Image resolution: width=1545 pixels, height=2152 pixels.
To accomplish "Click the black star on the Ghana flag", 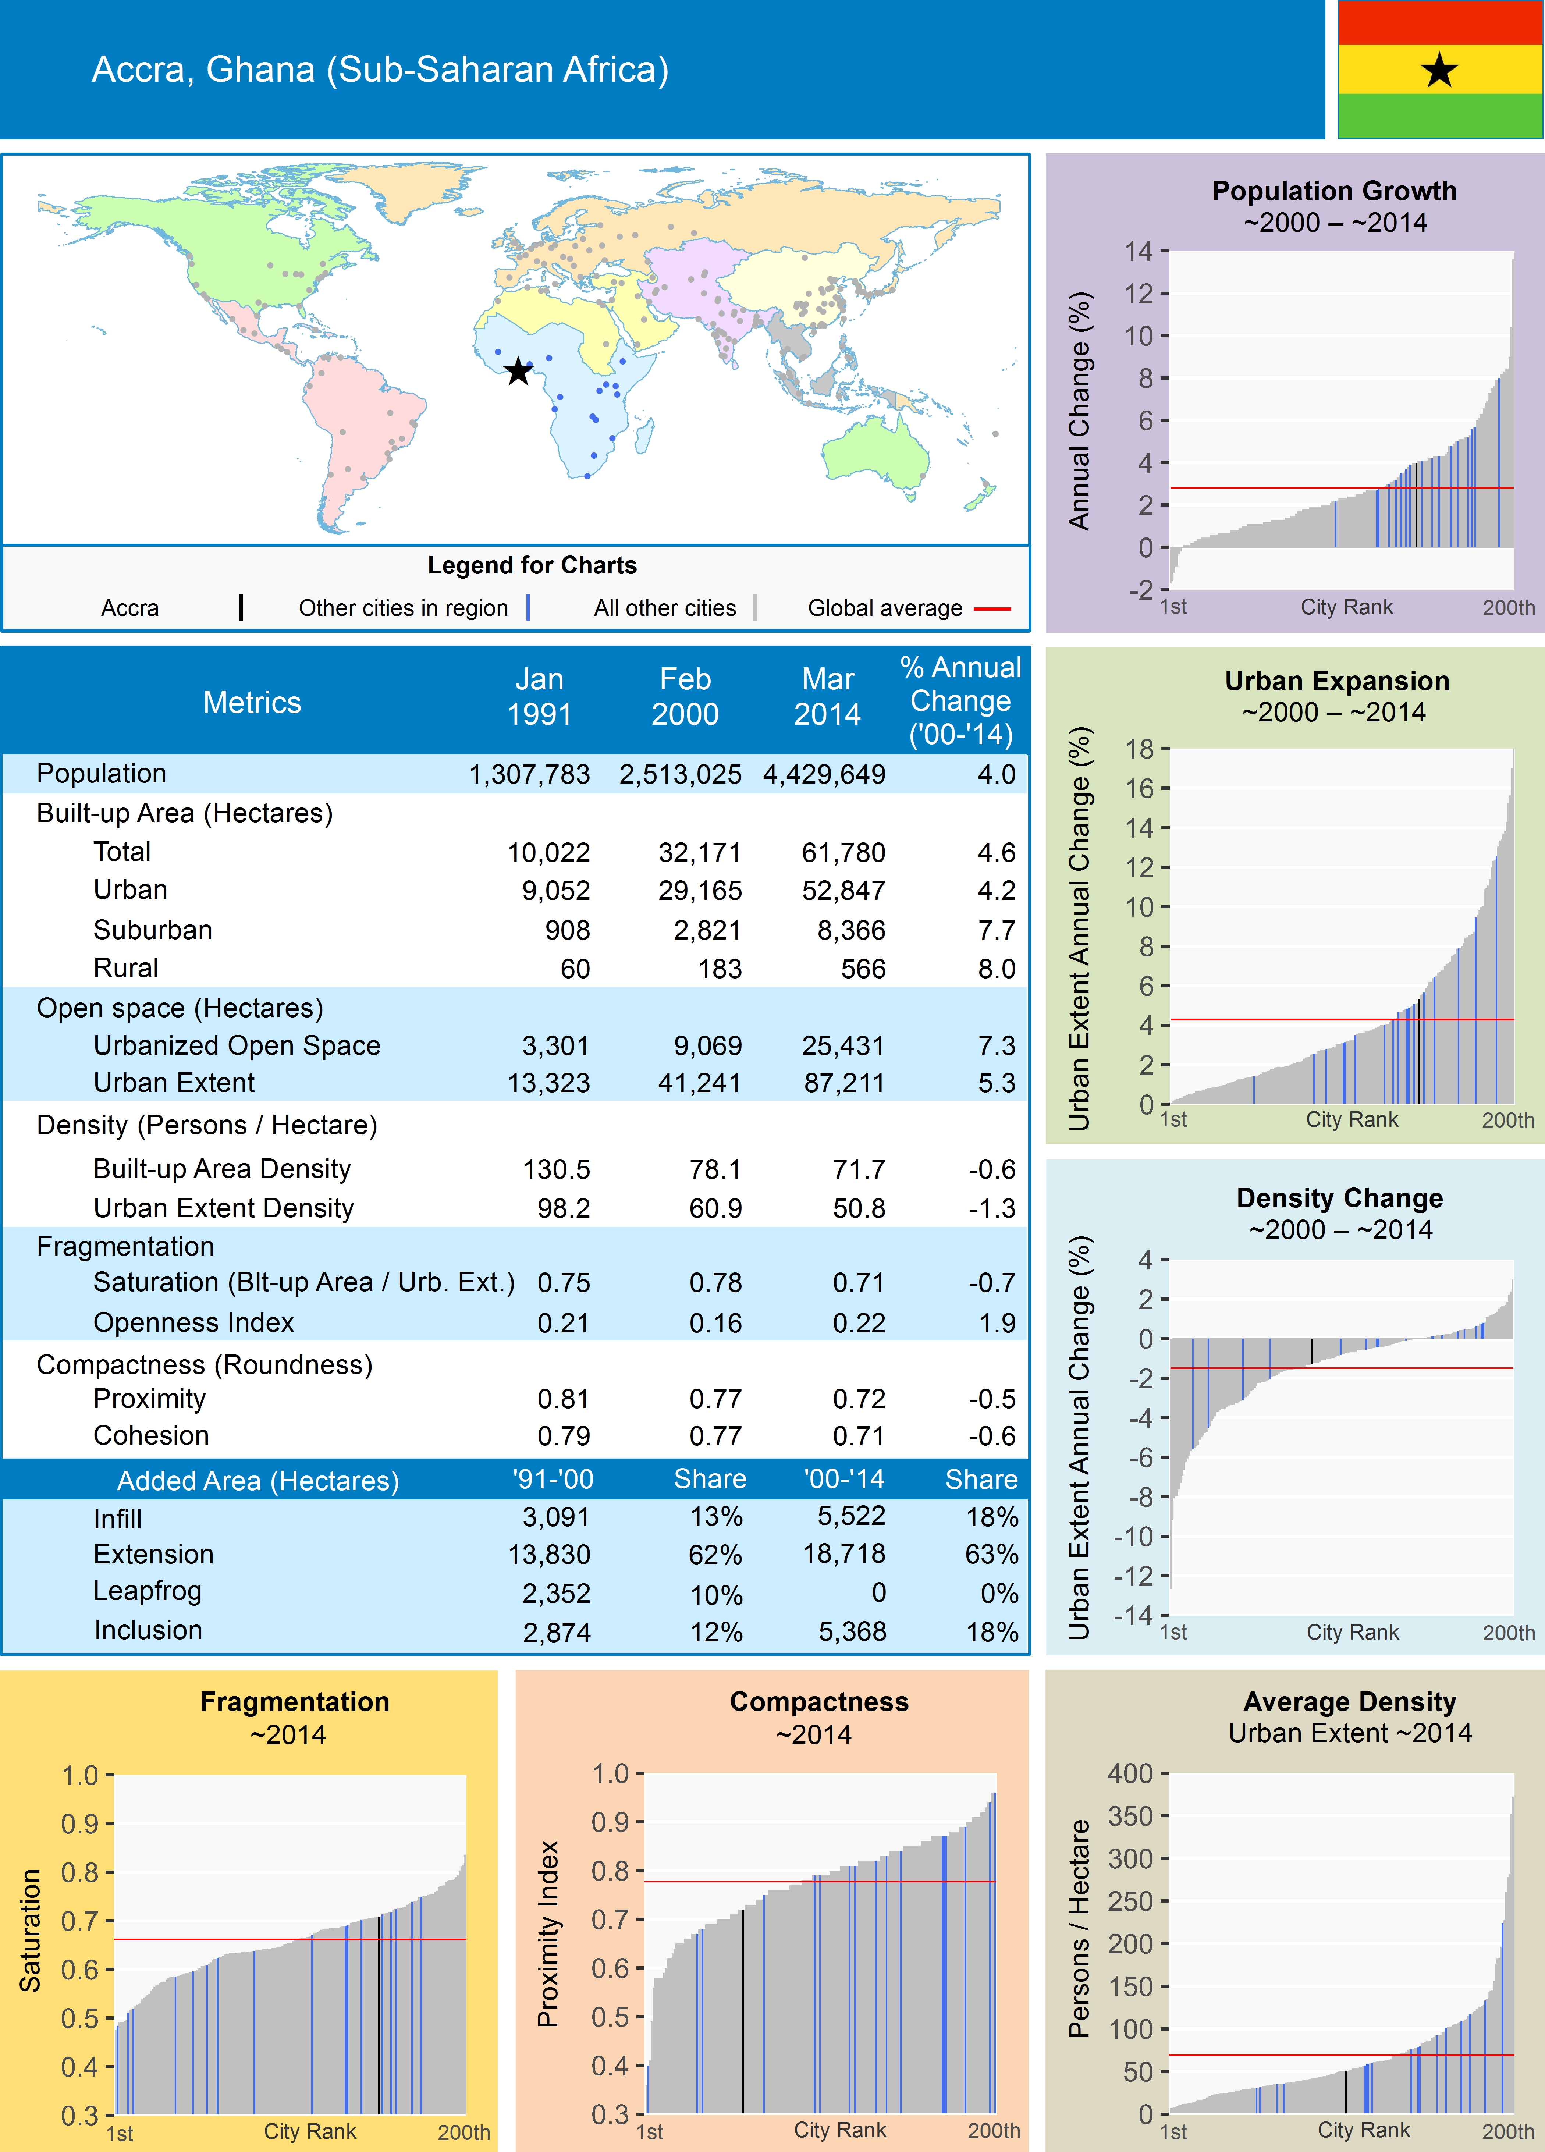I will click(1440, 70).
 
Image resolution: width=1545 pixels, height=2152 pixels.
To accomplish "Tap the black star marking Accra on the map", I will click(517, 371).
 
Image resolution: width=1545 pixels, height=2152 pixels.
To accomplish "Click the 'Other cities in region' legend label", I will click(403, 608).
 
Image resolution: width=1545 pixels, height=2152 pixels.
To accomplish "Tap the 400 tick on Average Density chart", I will click(1129, 1773).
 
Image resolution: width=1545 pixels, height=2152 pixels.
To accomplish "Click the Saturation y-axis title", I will click(31, 1931).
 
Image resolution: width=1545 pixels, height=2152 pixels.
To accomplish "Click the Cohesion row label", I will click(151, 1436).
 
